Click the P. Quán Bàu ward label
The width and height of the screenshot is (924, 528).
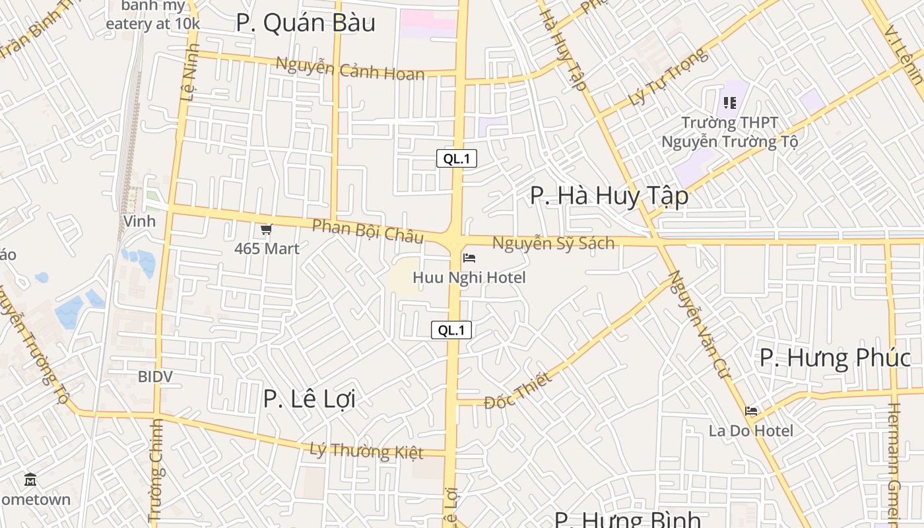tap(306, 23)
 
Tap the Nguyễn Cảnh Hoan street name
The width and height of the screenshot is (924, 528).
tap(350, 69)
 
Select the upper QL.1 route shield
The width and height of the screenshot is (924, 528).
tap(456, 158)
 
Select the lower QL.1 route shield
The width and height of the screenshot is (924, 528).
tap(451, 330)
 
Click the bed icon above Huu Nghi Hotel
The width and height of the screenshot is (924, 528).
tap(469, 258)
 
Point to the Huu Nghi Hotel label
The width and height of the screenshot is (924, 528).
tap(469, 277)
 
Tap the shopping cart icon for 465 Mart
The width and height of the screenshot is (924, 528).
tap(266, 230)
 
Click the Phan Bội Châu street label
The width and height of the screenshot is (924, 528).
tap(368, 230)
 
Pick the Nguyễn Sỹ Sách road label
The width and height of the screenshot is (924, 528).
tap(553, 243)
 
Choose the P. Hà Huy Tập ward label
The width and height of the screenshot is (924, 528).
tap(609, 196)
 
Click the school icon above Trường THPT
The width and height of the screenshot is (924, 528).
tap(729, 103)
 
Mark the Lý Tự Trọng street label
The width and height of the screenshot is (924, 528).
tap(668, 77)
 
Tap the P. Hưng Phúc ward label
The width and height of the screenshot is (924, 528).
tap(835, 358)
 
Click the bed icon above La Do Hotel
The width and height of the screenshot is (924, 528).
tap(751, 411)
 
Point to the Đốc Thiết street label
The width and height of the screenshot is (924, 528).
tap(517, 390)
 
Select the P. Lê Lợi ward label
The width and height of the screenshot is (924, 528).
tap(309, 399)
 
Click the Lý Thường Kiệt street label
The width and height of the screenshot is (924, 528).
tap(366, 451)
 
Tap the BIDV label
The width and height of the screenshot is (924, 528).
tap(155, 377)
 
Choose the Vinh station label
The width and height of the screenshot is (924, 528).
tap(139, 221)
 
